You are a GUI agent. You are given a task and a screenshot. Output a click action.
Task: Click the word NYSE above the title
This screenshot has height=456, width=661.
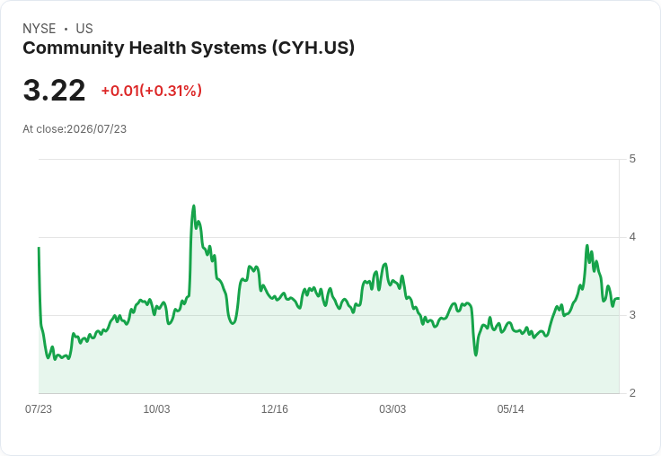[x=40, y=29]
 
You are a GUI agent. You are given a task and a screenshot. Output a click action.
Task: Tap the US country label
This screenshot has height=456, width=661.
[x=84, y=29]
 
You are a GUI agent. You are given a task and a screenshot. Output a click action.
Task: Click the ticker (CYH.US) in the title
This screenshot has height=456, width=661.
[x=313, y=48]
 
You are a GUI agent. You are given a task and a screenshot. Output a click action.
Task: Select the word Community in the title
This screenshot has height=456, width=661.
[x=73, y=48]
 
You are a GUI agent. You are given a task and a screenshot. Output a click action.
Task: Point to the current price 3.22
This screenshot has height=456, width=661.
[x=55, y=91]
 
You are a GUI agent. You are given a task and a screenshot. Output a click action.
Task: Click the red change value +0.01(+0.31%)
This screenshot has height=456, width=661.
[x=152, y=91]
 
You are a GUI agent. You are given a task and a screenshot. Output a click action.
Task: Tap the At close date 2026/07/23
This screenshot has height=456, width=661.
[x=96, y=129]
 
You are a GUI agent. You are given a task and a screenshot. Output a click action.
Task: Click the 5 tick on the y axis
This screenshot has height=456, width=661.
[x=632, y=159]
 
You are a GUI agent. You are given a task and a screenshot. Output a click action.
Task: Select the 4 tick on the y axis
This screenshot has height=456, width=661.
[x=632, y=237]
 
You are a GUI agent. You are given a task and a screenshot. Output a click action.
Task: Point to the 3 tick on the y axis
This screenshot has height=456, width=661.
[x=632, y=315]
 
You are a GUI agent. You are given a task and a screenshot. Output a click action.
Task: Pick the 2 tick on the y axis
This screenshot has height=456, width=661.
[x=632, y=393]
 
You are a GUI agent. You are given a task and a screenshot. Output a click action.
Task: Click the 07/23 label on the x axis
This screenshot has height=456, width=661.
[x=39, y=409]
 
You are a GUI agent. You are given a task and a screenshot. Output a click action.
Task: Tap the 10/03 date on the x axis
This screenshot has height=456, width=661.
[x=156, y=409]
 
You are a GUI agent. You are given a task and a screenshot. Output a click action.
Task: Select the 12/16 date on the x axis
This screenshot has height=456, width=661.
[x=275, y=409]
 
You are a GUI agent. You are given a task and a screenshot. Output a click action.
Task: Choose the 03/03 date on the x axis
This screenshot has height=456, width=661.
[x=392, y=409]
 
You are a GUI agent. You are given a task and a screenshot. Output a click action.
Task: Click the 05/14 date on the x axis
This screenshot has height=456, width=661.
[x=510, y=409]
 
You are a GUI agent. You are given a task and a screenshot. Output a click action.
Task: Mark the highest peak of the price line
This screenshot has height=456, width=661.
[x=193, y=206]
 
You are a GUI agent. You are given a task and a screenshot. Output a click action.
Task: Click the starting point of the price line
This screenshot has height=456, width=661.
[x=39, y=248]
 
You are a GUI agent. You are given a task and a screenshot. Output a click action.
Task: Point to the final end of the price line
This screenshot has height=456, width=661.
[x=619, y=298]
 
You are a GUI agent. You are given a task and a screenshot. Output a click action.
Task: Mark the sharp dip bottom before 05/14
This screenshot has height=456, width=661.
[x=476, y=355]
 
